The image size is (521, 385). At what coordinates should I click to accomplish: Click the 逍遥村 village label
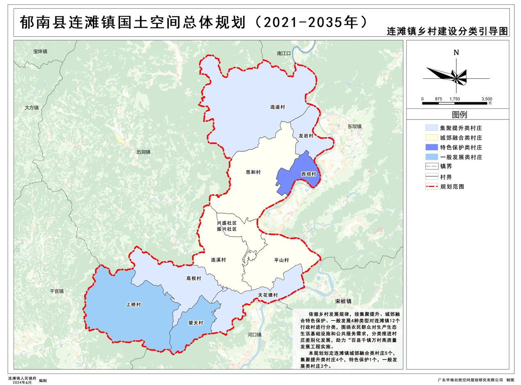(x=278, y=107)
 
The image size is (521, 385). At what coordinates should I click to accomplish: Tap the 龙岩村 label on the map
(x=305, y=136)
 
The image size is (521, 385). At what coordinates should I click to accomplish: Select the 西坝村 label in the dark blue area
(x=308, y=174)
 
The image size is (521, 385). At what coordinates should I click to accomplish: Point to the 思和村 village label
(x=253, y=173)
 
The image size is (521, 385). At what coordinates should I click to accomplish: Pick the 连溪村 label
(x=218, y=260)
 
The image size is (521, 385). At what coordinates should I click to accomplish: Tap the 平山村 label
(x=282, y=261)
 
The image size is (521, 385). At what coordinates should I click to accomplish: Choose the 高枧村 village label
(x=193, y=279)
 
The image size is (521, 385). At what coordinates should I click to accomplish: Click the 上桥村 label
(x=133, y=305)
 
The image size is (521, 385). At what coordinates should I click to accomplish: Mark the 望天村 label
(x=196, y=323)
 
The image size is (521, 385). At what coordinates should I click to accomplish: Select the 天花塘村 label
(x=268, y=295)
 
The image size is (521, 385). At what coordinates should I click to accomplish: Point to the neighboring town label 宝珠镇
(x=41, y=52)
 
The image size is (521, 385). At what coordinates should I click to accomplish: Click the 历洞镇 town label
(x=143, y=152)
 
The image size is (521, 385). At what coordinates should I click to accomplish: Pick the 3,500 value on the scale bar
(x=487, y=99)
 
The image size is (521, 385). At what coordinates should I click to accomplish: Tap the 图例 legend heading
(x=459, y=115)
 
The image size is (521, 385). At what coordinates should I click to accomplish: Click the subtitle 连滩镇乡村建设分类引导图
(x=447, y=32)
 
